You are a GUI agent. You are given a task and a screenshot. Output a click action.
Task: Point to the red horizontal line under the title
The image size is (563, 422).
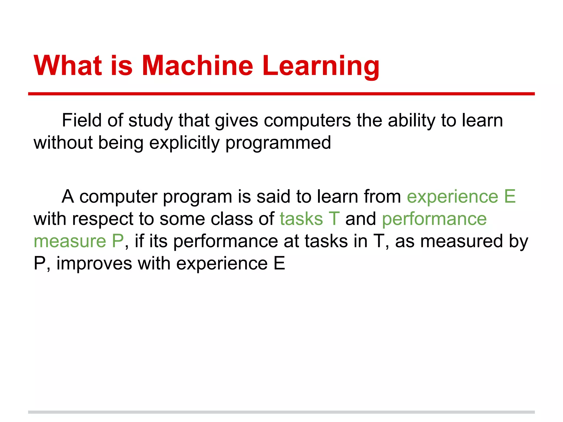(281, 94)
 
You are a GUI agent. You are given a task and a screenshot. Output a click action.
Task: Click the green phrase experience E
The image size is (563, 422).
(461, 197)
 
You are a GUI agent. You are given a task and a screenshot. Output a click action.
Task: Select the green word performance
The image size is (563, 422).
(434, 220)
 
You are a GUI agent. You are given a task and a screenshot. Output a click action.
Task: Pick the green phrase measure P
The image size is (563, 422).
(79, 241)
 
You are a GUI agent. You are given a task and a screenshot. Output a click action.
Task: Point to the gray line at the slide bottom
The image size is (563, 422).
(281, 412)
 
